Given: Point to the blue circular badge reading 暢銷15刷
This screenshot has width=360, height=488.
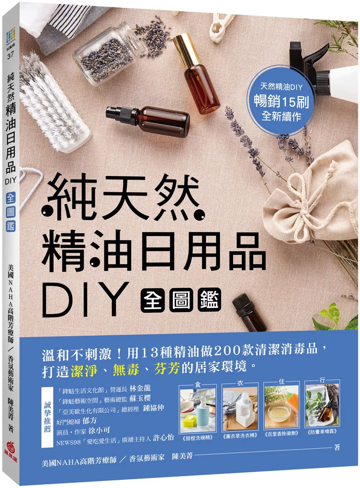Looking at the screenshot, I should pos(282,101).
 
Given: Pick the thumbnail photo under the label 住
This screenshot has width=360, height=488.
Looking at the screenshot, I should pos(282,408).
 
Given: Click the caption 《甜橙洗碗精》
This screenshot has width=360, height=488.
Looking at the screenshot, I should pos(198,438).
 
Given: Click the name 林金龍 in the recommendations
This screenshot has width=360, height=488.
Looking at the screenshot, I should pos(140,388).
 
